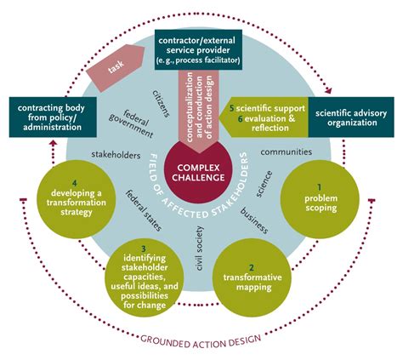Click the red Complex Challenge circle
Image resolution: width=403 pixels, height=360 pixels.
pos(196,169)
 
